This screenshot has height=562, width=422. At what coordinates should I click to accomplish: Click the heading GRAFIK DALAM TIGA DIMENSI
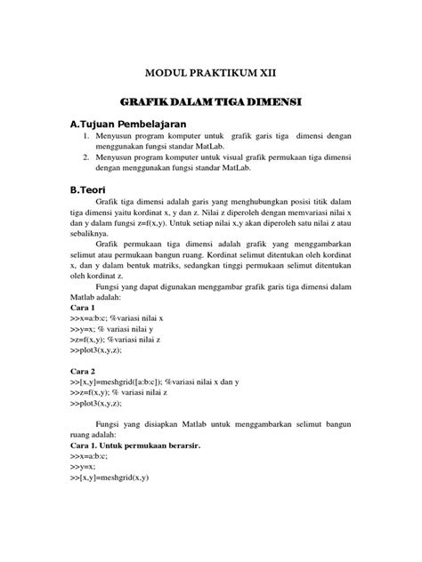[x=211, y=103]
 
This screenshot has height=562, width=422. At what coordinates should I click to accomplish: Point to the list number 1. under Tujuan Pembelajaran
[x=87, y=137]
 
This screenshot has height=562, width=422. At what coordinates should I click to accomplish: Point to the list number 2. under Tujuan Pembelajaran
[x=87, y=158]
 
